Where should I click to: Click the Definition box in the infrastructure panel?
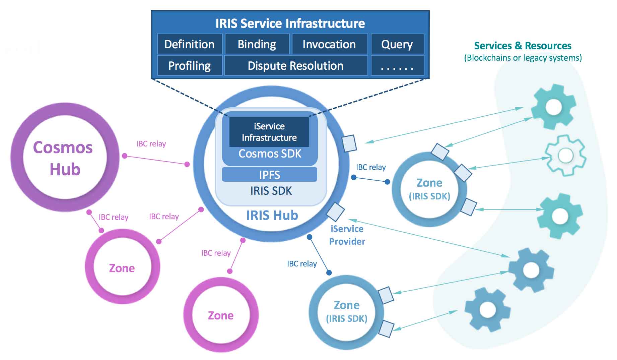point(190,44)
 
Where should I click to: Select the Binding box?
point(257,44)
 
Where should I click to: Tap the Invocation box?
point(329,44)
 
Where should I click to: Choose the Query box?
point(397,44)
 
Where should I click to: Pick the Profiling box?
point(190,66)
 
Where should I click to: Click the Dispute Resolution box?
point(295,66)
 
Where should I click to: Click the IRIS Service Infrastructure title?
point(290,23)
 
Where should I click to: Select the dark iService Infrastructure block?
point(269,132)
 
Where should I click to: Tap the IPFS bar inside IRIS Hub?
point(270,175)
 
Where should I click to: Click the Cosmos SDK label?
point(270,154)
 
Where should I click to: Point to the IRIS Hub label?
point(272,215)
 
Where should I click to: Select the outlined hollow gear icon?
point(565,155)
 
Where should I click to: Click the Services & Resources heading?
point(523,46)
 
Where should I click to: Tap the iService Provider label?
point(347,235)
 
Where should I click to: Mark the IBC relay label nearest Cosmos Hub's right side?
point(151,144)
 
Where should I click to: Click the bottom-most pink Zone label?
point(221,315)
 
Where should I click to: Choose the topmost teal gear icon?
point(553,107)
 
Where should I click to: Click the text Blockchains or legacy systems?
point(523,58)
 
